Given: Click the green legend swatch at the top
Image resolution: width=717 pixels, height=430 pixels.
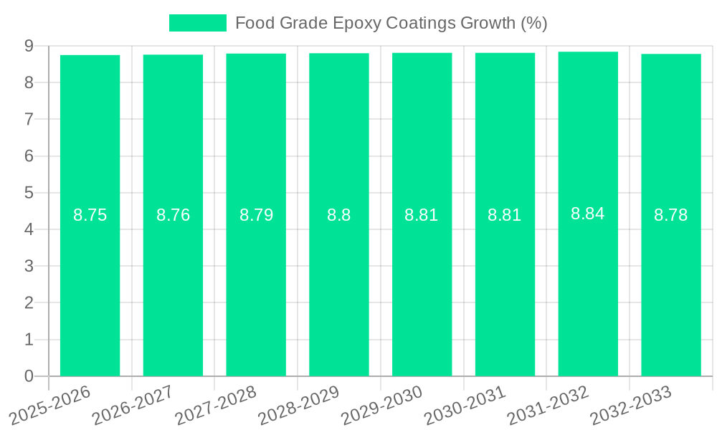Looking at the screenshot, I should click(x=197, y=23).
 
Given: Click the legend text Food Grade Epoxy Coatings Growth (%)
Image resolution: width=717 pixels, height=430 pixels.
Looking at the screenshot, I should click(x=391, y=23).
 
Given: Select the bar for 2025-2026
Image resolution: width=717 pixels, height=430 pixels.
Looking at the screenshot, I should click(x=90, y=287).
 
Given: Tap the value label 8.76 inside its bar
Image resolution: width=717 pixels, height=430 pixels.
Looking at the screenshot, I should click(x=173, y=215).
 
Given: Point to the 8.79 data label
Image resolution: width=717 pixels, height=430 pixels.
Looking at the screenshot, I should click(x=256, y=215).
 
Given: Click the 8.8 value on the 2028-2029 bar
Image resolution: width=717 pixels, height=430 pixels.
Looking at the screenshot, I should click(x=339, y=215).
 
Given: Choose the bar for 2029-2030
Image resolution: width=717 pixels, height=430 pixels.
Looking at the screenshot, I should click(x=422, y=287).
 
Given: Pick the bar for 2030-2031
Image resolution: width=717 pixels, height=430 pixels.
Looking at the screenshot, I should click(x=505, y=287).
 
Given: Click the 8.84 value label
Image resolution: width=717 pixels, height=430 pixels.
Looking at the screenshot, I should click(x=588, y=214).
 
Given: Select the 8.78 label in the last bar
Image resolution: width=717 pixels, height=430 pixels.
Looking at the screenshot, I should click(x=671, y=215).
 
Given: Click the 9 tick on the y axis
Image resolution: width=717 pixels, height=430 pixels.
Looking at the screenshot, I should click(x=29, y=46).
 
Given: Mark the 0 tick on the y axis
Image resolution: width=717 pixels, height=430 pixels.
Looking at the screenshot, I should click(x=29, y=376).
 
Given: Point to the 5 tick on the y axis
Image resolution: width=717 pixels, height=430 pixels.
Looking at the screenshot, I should click(x=29, y=193).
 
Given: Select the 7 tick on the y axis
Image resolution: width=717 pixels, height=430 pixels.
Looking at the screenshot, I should click(x=29, y=119).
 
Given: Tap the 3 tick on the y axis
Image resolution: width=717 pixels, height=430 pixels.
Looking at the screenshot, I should click(x=29, y=266).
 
